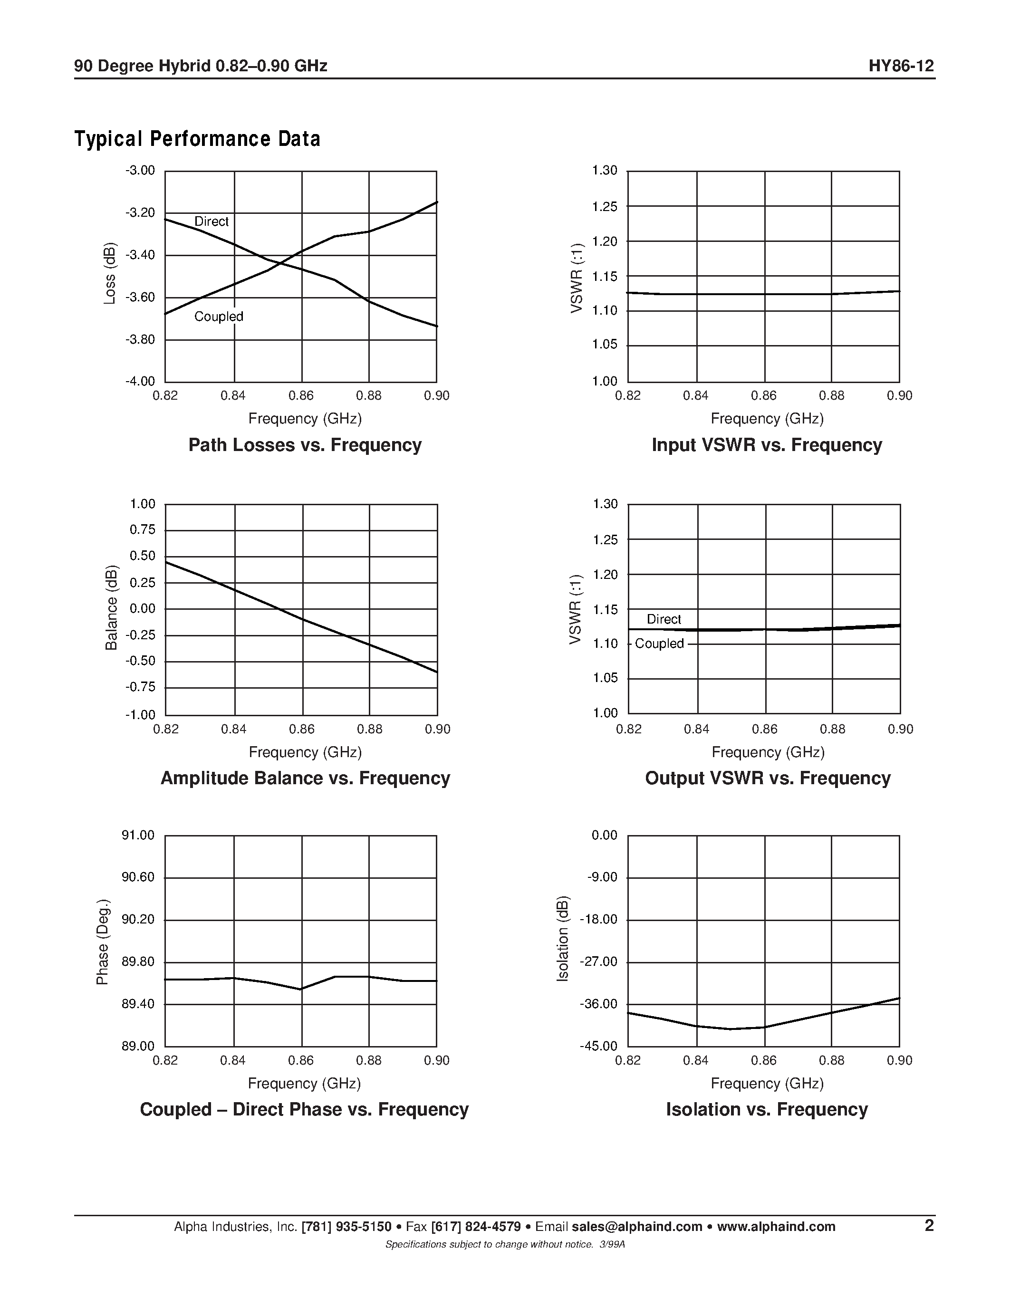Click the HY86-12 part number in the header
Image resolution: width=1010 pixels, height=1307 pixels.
coord(901,66)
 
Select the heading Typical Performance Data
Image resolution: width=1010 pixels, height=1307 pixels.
coord(197,139)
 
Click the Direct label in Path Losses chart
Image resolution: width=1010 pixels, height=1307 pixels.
coord(211,221)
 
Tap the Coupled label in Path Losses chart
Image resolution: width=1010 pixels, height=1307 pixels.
coord(218,317)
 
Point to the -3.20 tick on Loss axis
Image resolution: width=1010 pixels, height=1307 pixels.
coord(140,213)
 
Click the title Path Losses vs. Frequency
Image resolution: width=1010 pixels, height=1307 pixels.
coord(305,445)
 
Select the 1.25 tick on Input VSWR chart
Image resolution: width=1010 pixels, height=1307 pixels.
coord(604,206)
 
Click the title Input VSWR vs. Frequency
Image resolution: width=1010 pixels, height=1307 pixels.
coord(767,445)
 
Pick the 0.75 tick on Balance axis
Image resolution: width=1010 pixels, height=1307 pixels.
coord(143,529)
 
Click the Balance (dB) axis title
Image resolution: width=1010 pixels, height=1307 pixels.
coord(111,608)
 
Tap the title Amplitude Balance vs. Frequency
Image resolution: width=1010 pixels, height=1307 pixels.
coord(305,778)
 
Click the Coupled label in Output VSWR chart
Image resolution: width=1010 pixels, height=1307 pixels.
coord(659,644)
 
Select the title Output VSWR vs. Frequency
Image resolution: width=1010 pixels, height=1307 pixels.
coord(768,778)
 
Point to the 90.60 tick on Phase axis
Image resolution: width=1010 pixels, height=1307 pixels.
coord(138,877)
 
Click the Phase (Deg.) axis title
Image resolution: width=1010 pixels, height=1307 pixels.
coord(103,942)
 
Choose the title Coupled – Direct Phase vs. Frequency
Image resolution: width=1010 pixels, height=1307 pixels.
coord(304,1109)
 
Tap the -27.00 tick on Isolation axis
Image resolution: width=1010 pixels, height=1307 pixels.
coord(598,962)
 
